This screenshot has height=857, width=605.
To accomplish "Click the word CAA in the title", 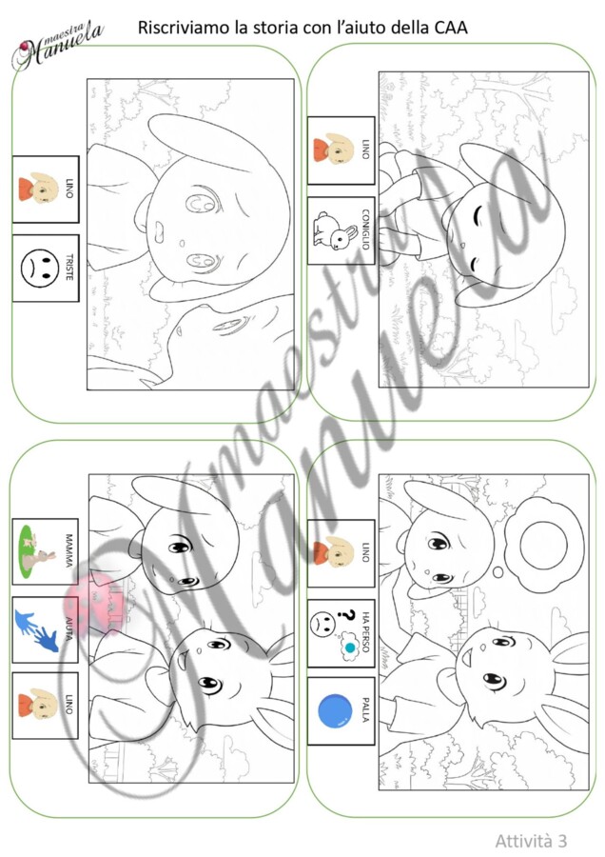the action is [x=451, y=28].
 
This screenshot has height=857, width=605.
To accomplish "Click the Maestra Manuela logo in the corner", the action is [x=57, y=46].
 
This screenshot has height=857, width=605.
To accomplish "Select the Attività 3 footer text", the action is [x=531, y=840].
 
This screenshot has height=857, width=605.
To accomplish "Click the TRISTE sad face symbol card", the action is [x=46, y=268].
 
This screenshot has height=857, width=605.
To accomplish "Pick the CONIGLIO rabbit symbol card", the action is [x=342, y=230].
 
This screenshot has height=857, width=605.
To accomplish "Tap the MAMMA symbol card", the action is [x=46, y=551].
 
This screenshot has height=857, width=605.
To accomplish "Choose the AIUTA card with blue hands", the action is [x=46, y=629].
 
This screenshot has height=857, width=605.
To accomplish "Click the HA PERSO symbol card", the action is [x=342, y=633].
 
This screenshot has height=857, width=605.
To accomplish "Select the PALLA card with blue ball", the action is [x=342, y=711].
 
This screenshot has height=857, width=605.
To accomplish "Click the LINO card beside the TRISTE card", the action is [x=46, y=189].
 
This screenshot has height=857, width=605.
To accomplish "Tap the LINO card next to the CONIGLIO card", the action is [x=342, y=150].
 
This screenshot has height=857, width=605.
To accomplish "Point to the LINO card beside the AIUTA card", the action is [x=46, y=706].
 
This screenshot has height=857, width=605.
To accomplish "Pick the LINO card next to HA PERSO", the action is [x=342, y=553].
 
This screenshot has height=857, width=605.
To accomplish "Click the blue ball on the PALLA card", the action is [x=335, y=711].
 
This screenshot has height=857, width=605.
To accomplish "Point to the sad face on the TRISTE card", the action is [x=40, y=268].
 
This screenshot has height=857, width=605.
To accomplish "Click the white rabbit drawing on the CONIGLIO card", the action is [x=326, y=230].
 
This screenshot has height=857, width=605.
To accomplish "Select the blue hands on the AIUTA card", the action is [x=36, y=630].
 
